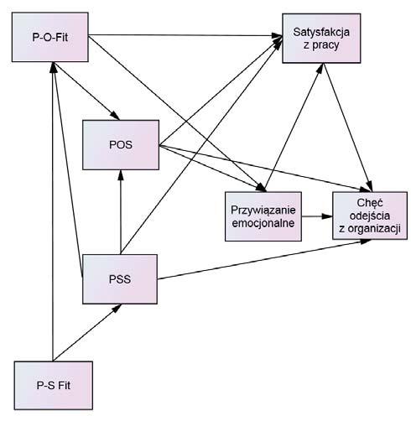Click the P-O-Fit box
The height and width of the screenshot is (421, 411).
50,37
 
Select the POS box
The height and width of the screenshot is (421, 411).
121,145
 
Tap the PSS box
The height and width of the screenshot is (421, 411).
120,279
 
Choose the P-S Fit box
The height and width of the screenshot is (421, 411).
54,386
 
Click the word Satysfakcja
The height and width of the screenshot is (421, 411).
321,32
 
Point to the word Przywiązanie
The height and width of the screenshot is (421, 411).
263,210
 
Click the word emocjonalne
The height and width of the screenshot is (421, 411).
263,223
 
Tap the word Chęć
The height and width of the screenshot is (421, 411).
370,203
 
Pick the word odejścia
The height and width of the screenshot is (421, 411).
370,216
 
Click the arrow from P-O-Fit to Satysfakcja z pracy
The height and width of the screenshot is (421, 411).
185,35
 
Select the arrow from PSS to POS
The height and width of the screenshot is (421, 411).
121,212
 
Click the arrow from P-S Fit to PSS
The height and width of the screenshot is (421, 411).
87,332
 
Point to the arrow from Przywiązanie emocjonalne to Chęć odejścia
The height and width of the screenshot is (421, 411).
317,216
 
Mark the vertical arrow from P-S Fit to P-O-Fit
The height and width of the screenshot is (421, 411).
53,211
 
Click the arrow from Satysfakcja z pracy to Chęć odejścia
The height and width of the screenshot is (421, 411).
347,127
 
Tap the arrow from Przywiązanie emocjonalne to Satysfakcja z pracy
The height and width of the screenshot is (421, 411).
294,127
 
